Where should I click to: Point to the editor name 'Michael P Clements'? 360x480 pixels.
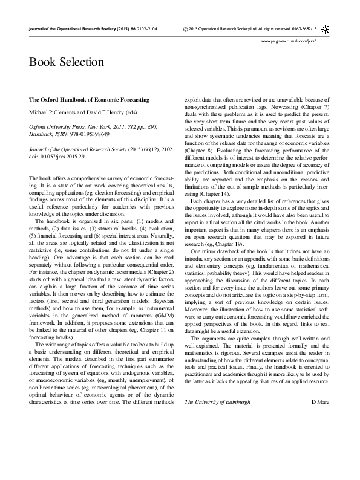(x=54, y=113)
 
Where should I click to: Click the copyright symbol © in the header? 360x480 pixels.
(x=185, y=28)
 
